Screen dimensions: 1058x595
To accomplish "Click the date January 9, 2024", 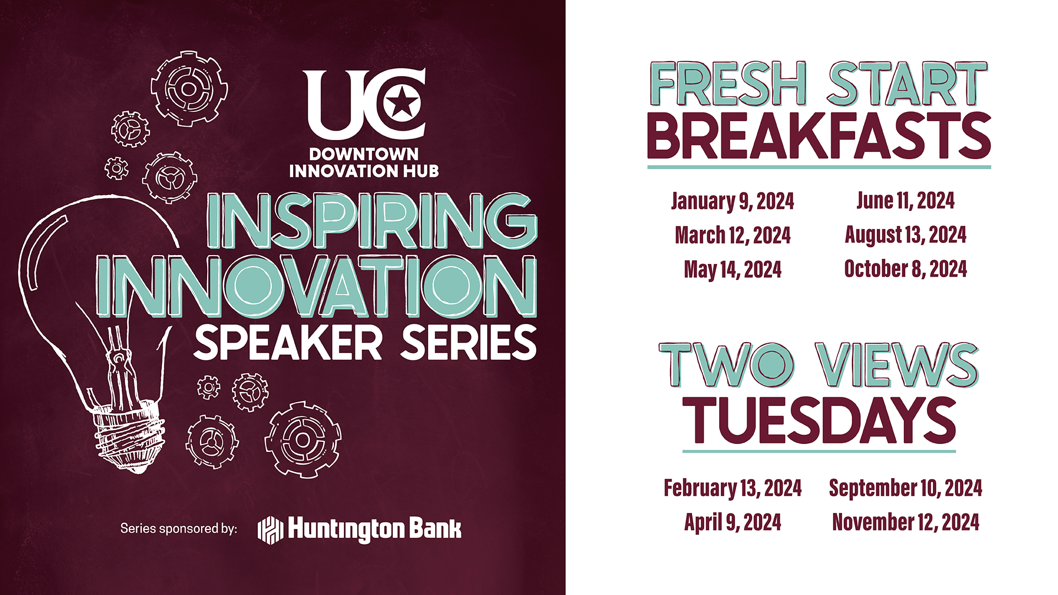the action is coord(732,202).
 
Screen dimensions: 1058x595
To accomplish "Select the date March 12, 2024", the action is coord(733,236).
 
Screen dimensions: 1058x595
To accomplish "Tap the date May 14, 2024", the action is coord(733,270).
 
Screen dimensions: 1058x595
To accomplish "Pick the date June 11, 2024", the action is coord(905,201).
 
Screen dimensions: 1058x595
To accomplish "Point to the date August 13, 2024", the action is coord(906,235).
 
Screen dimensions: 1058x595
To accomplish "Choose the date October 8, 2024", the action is coord(906,269).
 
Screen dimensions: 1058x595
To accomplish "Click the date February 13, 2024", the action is coord(733,489).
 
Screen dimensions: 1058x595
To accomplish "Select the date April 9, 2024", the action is coord(733,522).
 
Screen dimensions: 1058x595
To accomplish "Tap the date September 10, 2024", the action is coord(906,488).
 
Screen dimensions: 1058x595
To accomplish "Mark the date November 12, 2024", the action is coord(906,522).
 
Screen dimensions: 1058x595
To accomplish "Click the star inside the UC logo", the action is coord(402,102).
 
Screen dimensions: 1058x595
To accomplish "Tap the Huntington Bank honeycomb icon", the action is coord(271,530).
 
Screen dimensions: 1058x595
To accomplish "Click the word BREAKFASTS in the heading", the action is coord(819,136).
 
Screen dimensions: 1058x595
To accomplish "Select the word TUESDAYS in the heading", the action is coord(819,420).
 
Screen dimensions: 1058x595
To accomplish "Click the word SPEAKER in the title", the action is coord(288,343).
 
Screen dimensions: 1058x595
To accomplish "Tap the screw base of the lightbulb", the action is coord(128,435).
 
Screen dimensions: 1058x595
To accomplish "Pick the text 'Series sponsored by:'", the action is coord(179,529).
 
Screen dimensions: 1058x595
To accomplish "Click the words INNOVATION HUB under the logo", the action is coord(364,171).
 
